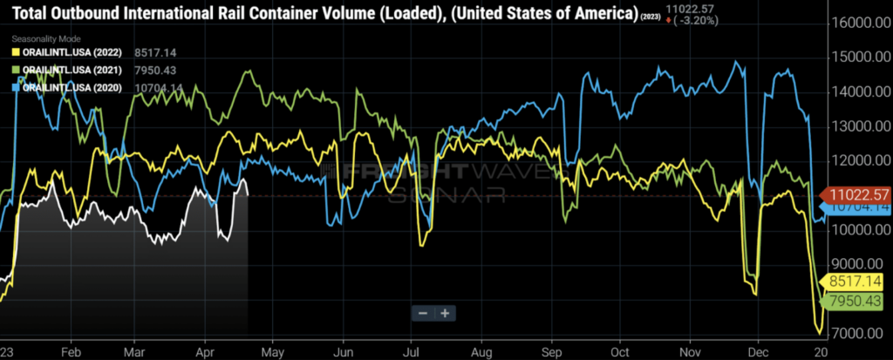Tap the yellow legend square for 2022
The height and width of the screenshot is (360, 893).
(x=16, y=52)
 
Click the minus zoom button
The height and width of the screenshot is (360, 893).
(x=423, y=313)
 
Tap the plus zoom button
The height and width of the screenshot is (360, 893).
(x=445, y=313)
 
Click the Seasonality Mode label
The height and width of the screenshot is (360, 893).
(x=46, y=39)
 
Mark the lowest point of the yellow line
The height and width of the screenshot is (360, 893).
(x=819, y=333)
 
